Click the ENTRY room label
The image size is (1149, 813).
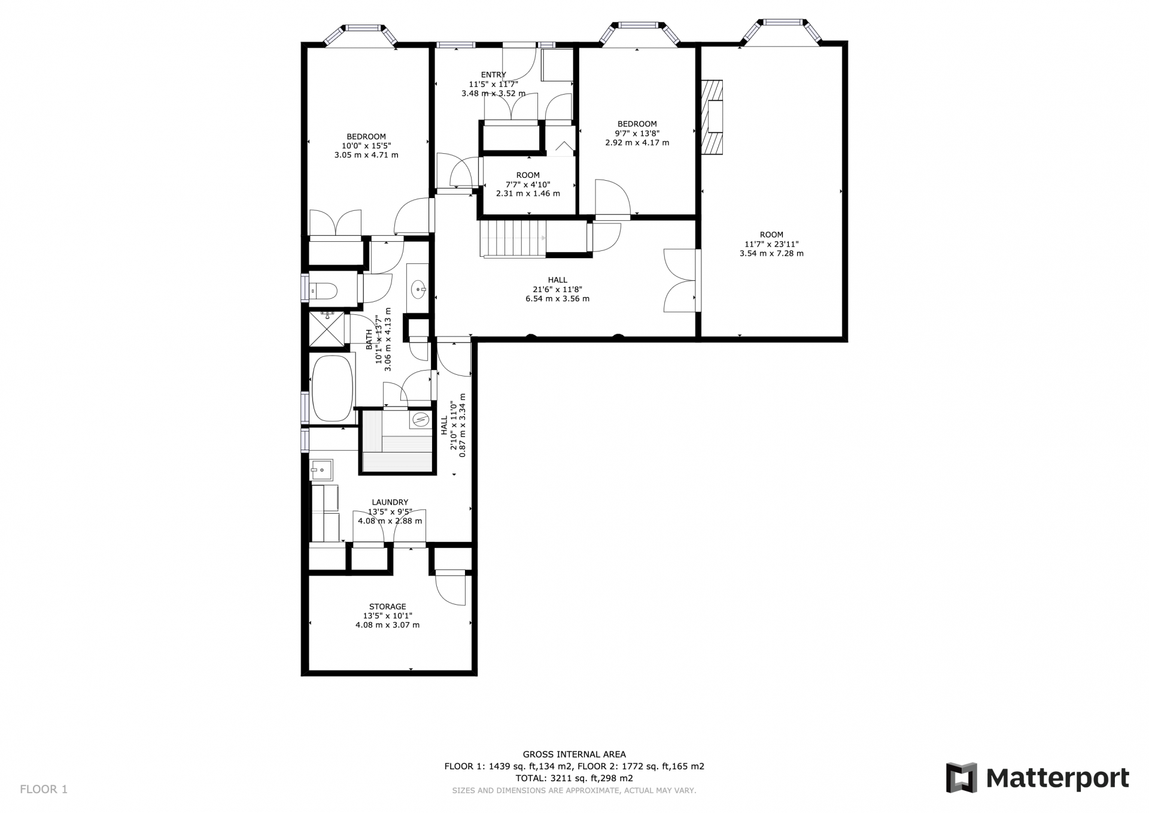493,75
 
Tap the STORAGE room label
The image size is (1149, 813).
388,606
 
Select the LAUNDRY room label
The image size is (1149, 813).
390,502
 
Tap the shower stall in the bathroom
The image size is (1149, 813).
327,329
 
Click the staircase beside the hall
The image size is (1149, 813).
513,238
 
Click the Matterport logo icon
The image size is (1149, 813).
961,778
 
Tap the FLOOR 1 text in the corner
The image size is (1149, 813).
44,789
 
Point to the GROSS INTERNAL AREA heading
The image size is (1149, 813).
574,754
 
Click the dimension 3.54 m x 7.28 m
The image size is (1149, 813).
771,253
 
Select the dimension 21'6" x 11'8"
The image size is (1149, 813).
557,289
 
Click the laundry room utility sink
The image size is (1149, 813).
321,469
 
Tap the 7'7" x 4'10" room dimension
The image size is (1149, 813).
528,184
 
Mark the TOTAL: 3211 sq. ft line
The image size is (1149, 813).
574,778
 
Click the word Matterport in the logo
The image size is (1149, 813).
1057,778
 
